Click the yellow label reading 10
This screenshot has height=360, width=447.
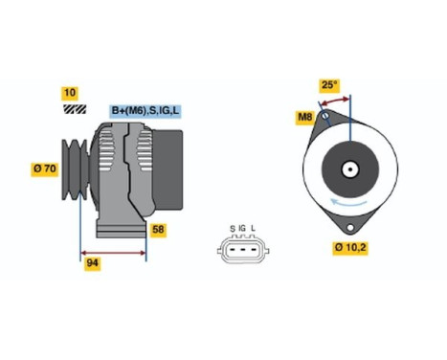pos(69,93)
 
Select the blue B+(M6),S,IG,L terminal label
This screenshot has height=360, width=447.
pos(147,111)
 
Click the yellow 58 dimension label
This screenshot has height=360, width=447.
pos(158,230)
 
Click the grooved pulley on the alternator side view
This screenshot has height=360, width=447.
pos(75,170)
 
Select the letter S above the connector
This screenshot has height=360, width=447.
pos(232,227)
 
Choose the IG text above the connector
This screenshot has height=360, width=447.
pos(242,227)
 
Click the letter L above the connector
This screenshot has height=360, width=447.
pos(254,227)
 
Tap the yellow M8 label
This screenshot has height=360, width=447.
pos(305,117)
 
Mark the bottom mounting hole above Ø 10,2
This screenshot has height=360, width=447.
pos(349,228)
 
